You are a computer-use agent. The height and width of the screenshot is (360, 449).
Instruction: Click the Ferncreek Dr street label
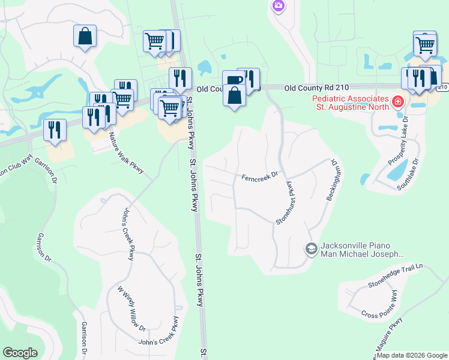tap(260, 176)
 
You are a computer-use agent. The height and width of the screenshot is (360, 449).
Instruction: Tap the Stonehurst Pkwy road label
tap(286, 202)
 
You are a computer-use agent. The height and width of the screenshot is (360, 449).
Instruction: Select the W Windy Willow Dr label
tap(131, 308)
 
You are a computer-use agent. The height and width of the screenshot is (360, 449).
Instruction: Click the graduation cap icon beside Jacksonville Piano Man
tap(311, 248)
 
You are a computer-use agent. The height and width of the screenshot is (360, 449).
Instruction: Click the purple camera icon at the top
tap(277, 6)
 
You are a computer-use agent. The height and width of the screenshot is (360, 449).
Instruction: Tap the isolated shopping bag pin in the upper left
tap(85, 35)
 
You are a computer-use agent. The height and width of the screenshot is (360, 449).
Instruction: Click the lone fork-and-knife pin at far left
tap(55, 130)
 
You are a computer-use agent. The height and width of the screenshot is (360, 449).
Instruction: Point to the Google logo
tap(20, 353)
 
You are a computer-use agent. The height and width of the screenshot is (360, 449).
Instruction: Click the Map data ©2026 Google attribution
tap(412, 355)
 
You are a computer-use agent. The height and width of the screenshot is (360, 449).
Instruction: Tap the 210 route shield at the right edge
tap(442, 88)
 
